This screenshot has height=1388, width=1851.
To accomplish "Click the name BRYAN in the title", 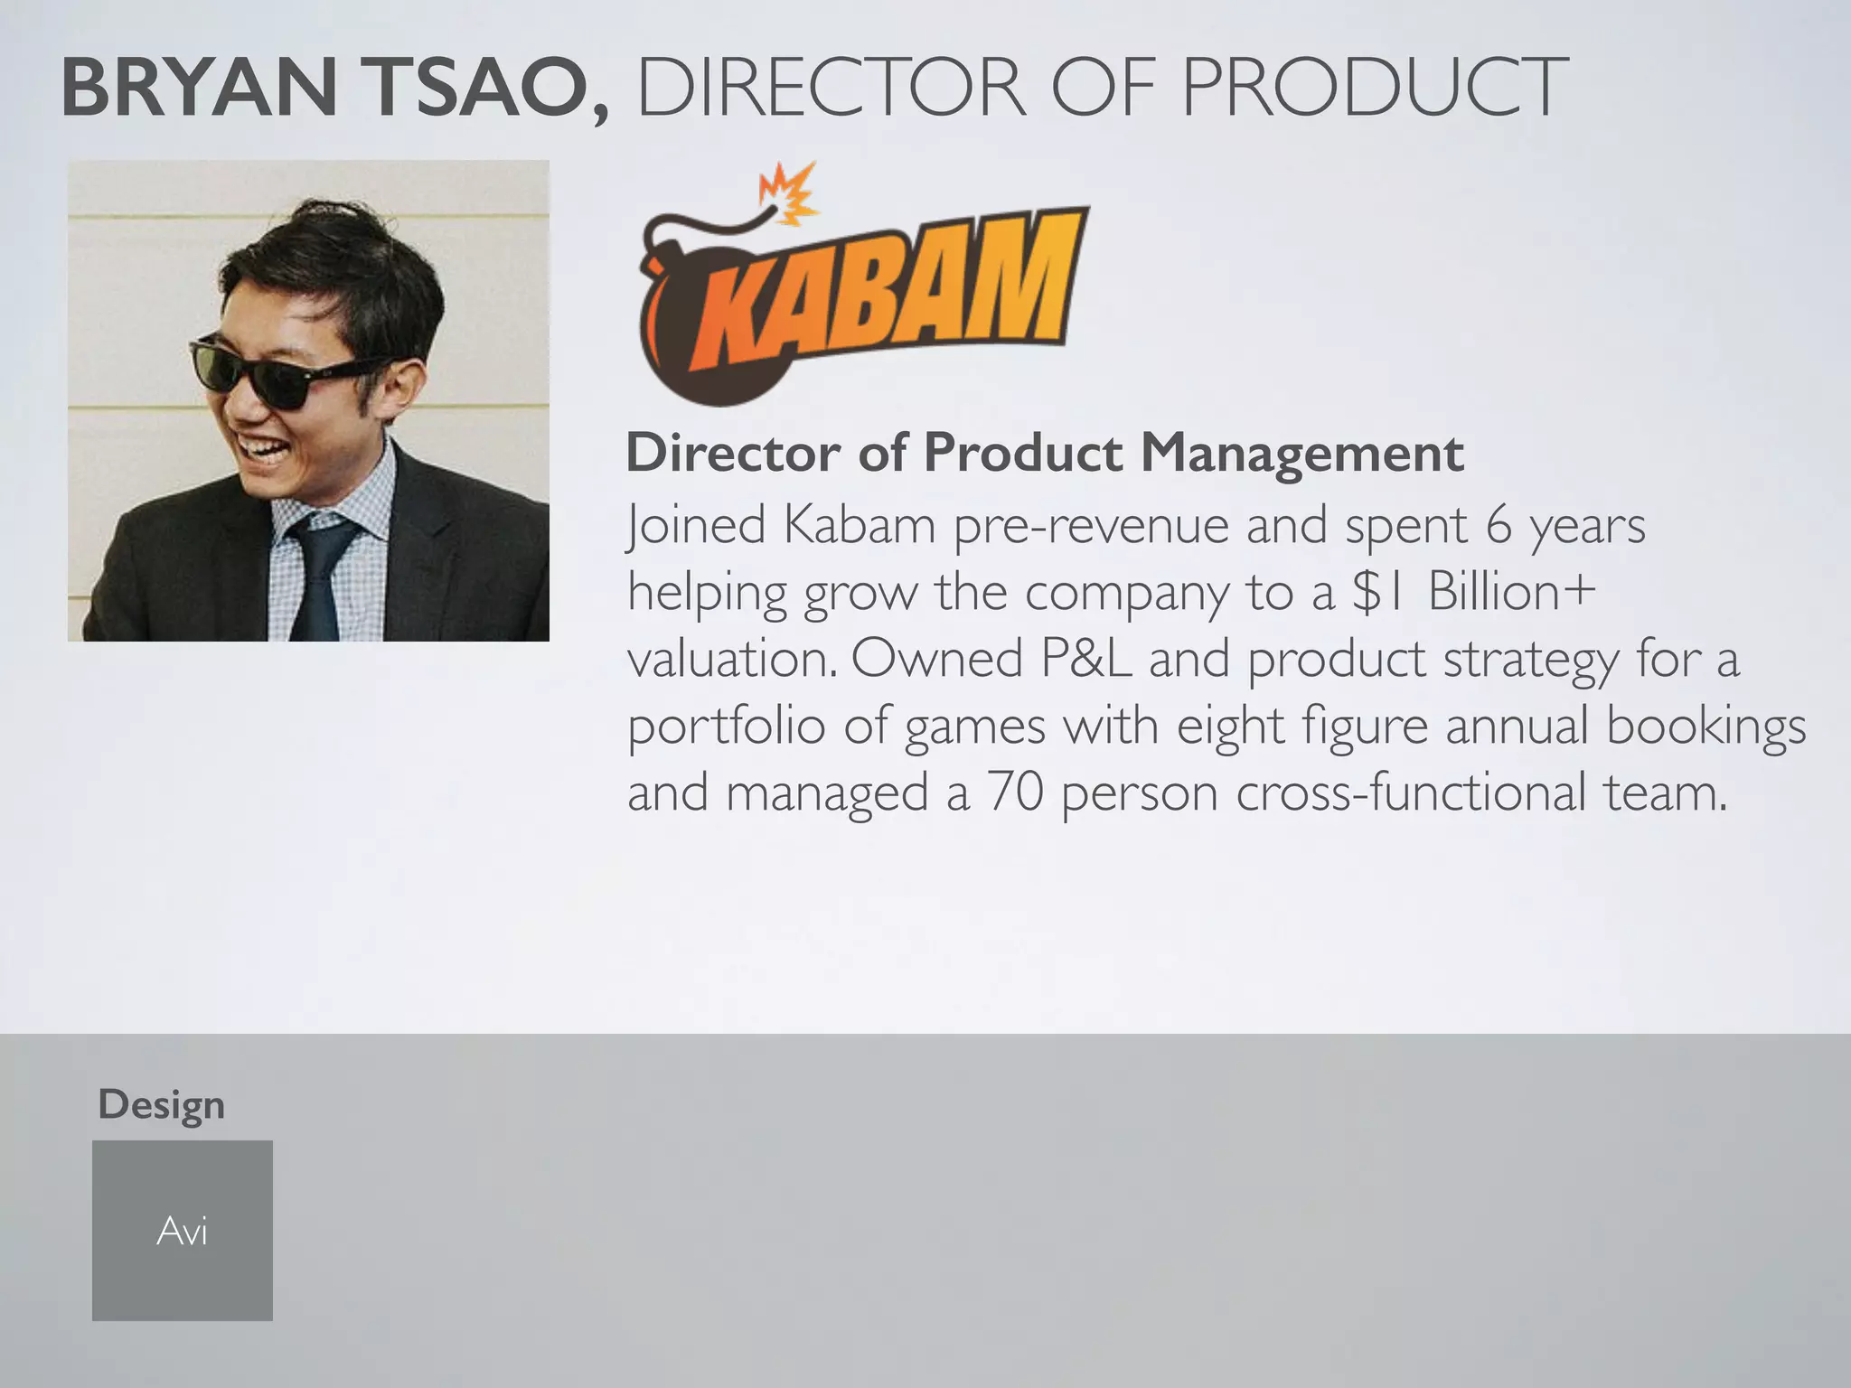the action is click(x=200, y=87).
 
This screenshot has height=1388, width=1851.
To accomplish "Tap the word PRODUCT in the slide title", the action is click(x=1374, y=87).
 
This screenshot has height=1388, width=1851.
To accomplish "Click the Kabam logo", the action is click(x=863, y=282).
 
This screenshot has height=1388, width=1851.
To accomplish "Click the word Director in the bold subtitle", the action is click(x=733, y=452).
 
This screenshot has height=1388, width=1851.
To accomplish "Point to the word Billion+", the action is click(x=1512, y=592).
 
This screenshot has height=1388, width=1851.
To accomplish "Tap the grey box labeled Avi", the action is click(x=183, y=1230).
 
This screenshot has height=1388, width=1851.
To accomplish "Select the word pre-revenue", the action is click(x=1091, y=526).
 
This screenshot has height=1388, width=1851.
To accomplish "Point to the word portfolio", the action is click(x=727, y=727).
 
